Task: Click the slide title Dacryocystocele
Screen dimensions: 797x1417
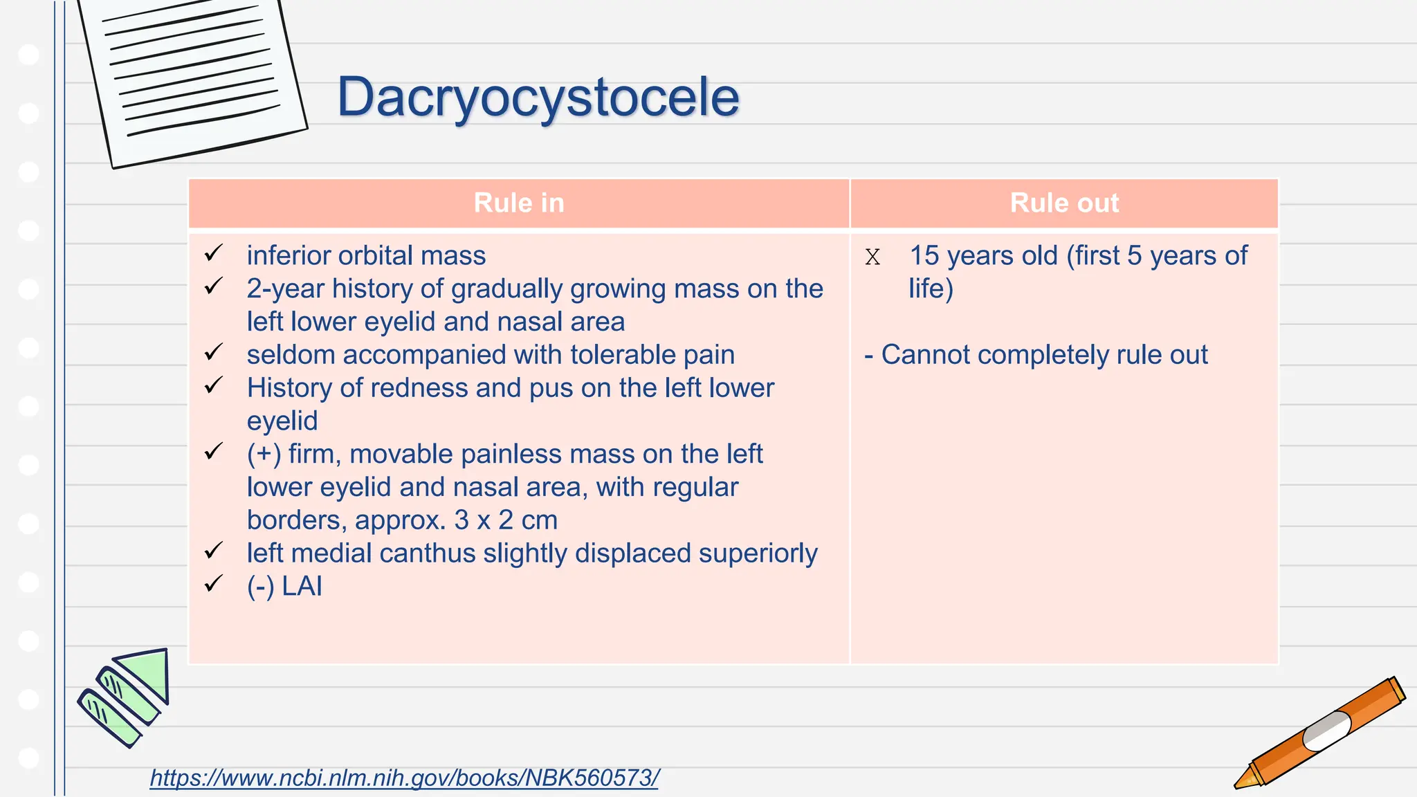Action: [538, 98]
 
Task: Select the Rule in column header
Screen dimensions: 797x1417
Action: [519, 203]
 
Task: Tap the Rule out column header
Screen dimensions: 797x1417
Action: [1064, 203]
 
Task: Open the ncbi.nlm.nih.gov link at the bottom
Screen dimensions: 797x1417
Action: [404, 778]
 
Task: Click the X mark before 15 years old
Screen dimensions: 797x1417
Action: [872, 257]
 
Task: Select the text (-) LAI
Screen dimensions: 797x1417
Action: [284, 587]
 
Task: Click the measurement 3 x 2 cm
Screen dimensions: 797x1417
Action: [506, 520]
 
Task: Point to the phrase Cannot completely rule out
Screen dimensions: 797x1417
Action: [1043, 355]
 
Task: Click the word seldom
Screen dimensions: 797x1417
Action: [291, 355]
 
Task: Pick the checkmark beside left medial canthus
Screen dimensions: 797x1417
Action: [214, 551]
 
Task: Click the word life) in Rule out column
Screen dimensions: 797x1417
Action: [931, 288]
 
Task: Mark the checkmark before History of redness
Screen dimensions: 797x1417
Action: [214, 385]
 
